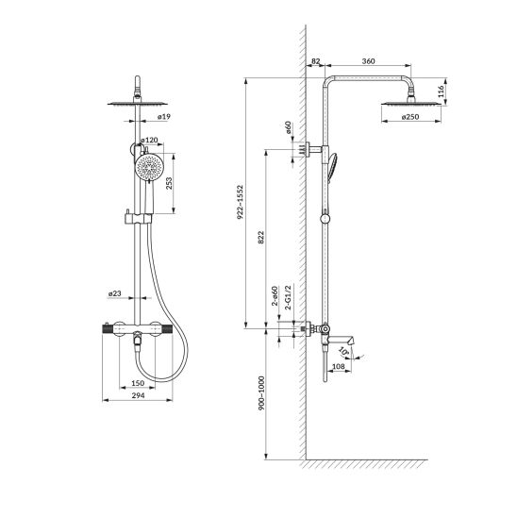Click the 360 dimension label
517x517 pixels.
(368, 61)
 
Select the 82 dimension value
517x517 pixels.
(315, 61)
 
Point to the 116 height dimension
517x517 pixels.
(442, 91)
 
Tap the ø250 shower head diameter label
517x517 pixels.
(410, 117)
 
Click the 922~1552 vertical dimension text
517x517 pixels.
(240, 202)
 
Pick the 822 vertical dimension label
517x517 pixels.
(260, 238)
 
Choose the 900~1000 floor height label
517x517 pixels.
(261, 393)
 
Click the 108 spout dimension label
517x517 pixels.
(339, 366)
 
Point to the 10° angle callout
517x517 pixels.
(344, 352)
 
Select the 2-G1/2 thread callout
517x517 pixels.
(288, 298)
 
